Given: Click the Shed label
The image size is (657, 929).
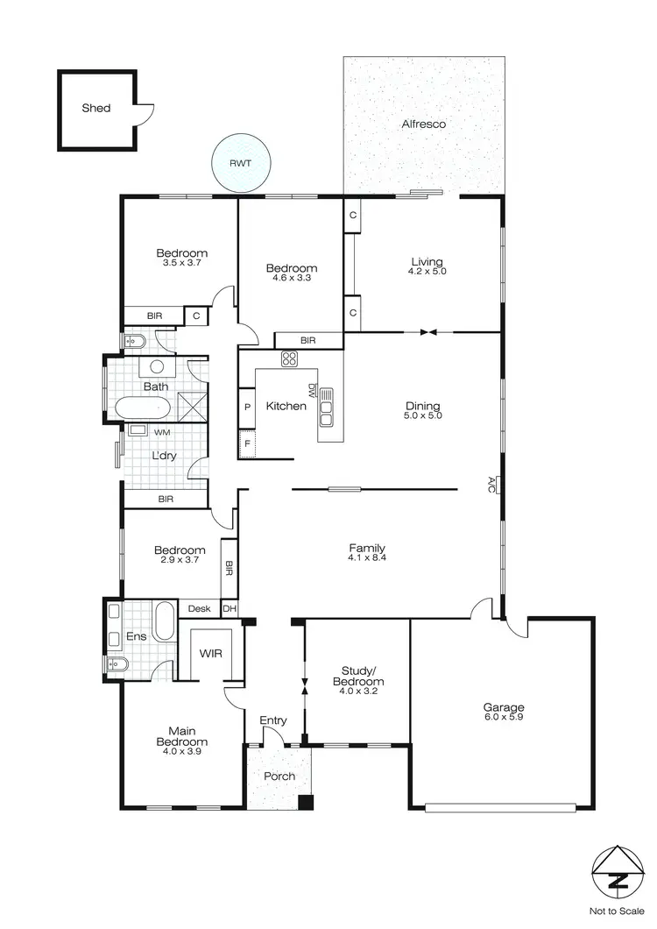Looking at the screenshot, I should pos(96,108).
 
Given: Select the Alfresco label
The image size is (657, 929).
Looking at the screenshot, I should pos(424,124).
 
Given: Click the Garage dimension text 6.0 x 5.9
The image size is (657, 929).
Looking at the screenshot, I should pos(504,719).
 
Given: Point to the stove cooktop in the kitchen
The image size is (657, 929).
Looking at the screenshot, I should pos(289,358).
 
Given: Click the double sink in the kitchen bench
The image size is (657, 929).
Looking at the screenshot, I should pos(328,407).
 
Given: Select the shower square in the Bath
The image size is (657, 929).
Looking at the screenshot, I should pos(193,406).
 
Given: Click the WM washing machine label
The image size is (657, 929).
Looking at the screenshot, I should pos(162,433).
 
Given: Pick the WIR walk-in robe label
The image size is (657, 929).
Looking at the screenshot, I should pos(209,654).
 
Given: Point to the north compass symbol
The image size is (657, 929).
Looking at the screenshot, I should pos(618,869).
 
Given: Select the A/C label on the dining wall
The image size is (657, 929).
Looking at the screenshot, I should pos(492,483).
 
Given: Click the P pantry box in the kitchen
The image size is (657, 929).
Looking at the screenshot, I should pos(247,407).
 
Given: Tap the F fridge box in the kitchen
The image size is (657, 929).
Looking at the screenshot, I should pos(247,443).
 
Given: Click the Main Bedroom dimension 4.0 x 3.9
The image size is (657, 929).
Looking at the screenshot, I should pos(182,751).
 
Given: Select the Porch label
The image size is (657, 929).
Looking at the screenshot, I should pos(279,777).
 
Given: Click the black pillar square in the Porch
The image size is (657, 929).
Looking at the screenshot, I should pos(305,801).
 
